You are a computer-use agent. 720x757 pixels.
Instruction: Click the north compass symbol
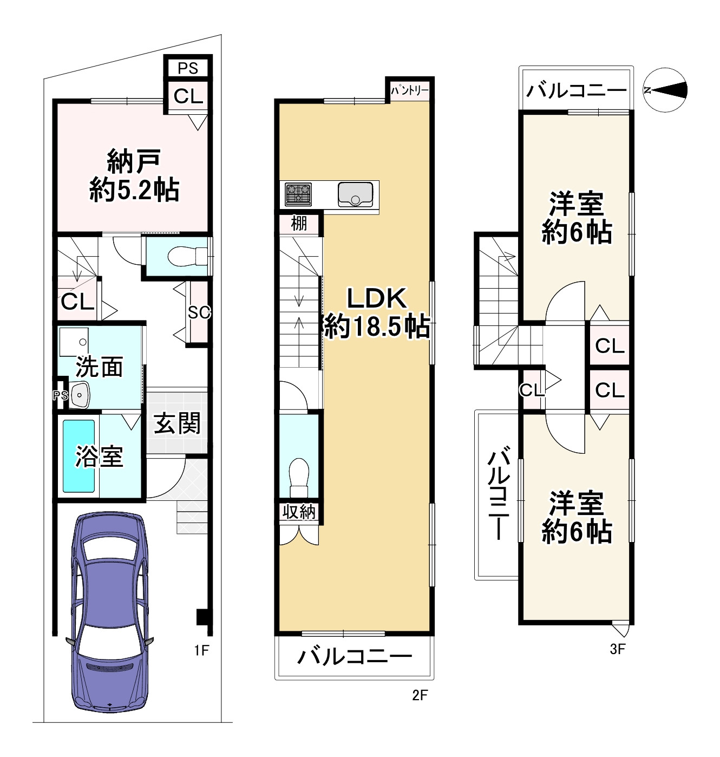tap(666, 90)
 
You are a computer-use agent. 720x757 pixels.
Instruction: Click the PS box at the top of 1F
tap(188, 68)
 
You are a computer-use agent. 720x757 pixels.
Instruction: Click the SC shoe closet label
tap(199, 312)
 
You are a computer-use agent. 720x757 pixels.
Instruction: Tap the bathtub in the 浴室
tap(78, 456)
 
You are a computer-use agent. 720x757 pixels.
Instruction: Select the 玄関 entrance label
tap(177, 423)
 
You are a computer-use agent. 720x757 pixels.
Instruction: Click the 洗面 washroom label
tap(99, 367)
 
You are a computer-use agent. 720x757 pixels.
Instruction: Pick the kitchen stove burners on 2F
tap(298, 193)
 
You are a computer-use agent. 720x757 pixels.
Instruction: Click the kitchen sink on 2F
tap(355, 194)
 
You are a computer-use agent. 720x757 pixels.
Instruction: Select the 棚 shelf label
tap(299, 223)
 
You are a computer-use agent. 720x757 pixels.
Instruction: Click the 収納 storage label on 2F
tap(299, 511)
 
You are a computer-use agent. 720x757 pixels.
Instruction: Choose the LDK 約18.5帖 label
tap(376, 313)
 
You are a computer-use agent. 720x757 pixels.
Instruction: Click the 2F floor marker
tap(420, 695)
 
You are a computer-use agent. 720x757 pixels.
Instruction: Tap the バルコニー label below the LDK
tap(355, 657)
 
